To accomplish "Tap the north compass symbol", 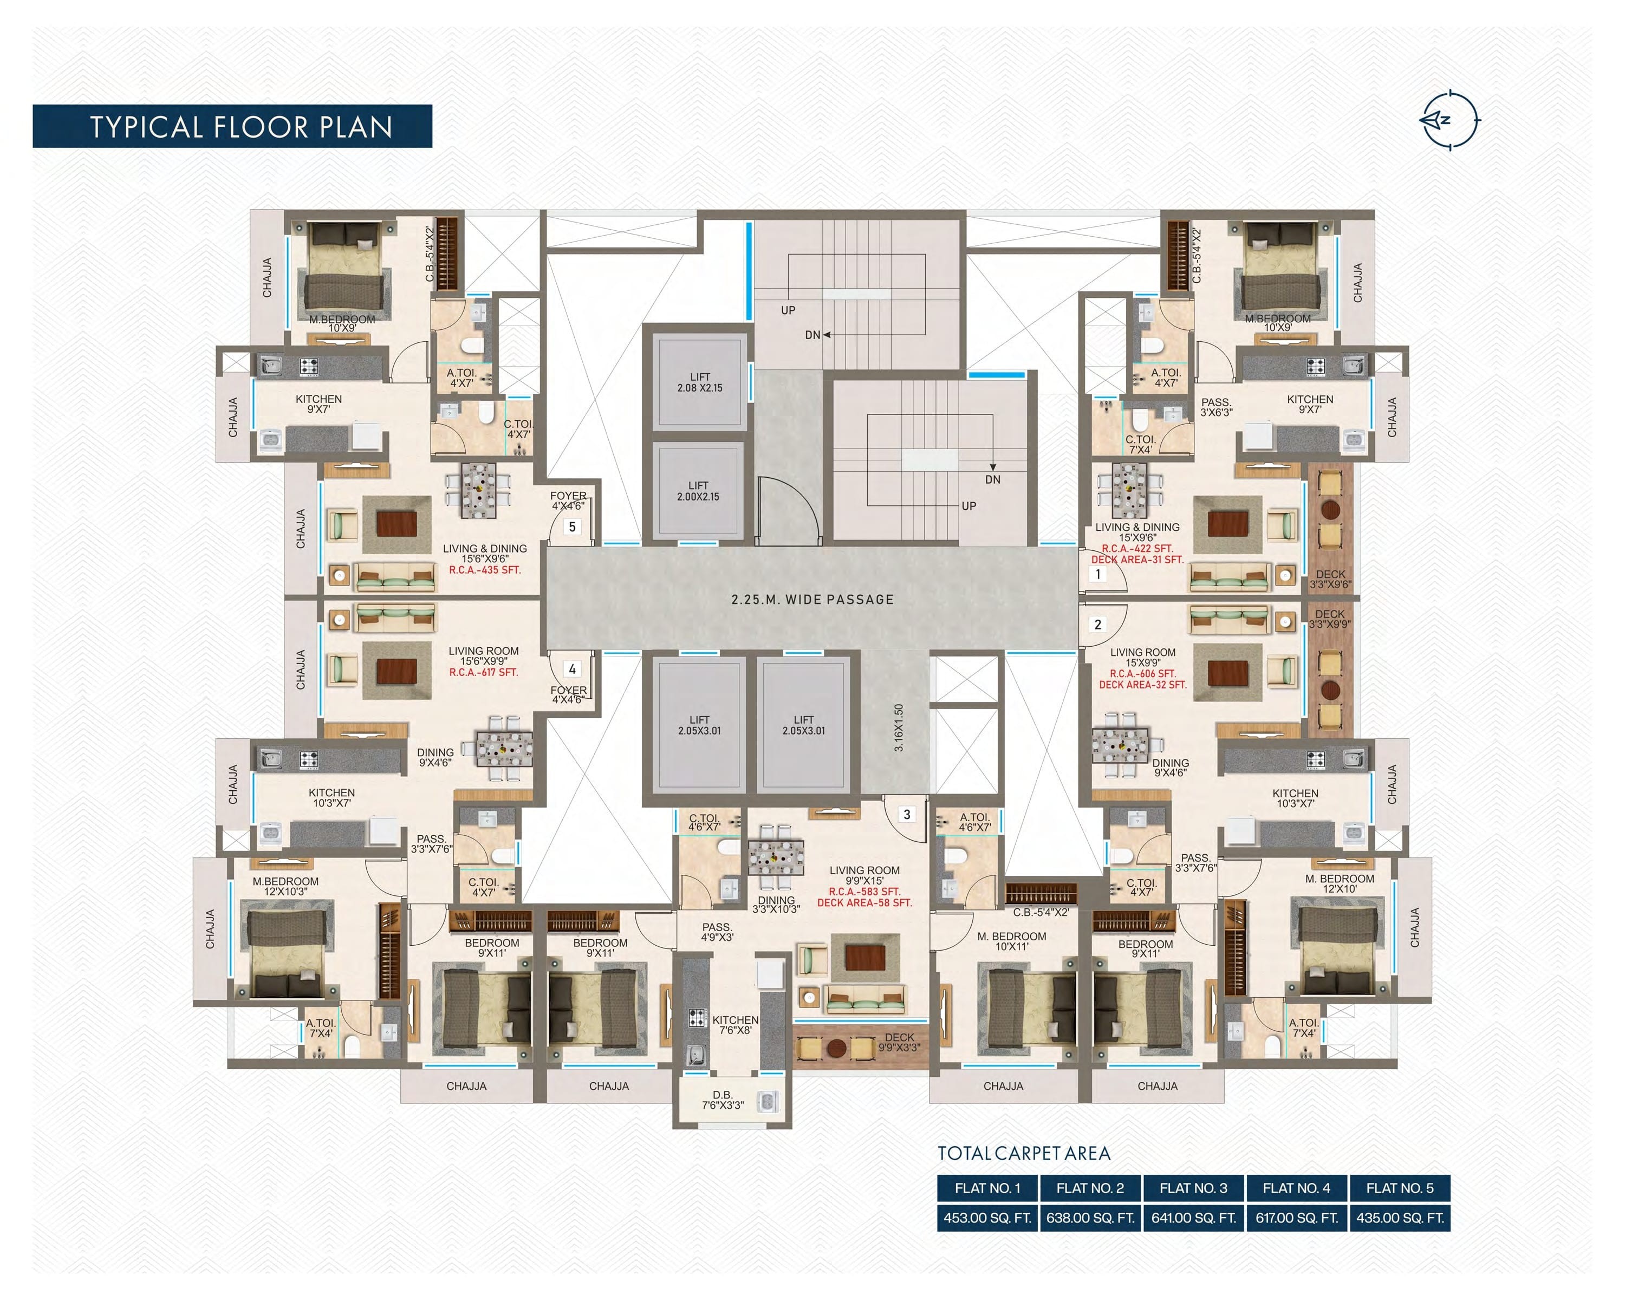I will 1448,120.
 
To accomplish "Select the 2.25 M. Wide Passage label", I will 812,600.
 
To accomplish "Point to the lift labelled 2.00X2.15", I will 697,491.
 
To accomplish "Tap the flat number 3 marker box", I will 907,814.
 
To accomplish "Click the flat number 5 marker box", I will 572,527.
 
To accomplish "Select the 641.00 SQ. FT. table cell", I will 1193,1218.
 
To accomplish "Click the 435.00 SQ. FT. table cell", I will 1400,1218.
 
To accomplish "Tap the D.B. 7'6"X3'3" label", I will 722,1100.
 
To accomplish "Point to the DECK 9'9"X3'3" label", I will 899,1042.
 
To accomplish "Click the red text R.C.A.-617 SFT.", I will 483,672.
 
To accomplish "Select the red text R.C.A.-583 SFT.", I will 864,892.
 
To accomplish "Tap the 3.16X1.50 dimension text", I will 899,727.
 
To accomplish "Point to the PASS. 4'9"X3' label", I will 717,932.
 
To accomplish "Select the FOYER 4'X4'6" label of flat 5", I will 568,500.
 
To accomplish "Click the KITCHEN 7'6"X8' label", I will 735,1025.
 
